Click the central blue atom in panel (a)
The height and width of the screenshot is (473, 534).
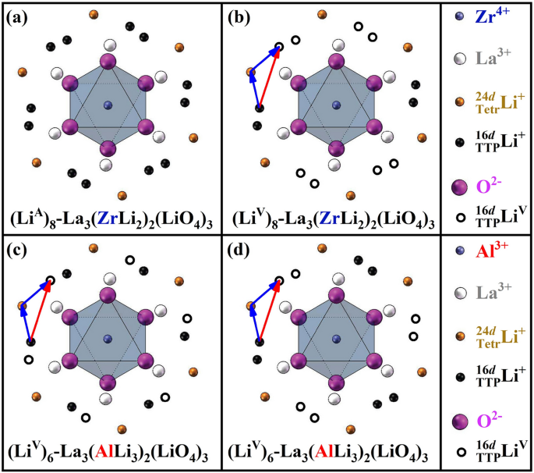[x=108, y=105]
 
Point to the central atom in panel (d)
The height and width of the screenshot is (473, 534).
[x=336, y=338]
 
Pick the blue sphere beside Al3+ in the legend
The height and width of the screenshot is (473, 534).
[x=458, y=253]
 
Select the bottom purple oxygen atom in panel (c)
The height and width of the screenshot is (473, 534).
[x=108, y=382]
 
